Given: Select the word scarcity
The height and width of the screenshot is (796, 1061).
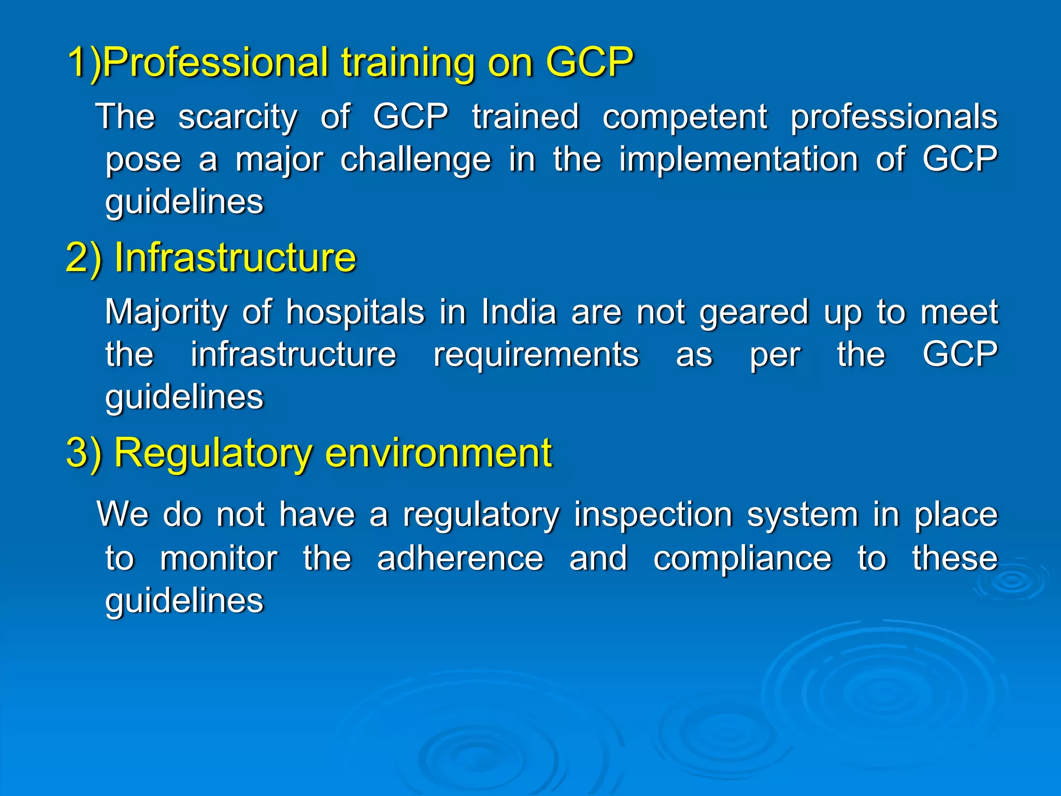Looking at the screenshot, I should point(238,117).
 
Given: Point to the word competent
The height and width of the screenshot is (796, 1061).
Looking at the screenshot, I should point(684,117).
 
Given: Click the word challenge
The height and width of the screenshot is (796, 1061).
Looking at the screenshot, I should point(415,160).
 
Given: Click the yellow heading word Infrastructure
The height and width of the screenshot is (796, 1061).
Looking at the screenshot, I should point(235,258).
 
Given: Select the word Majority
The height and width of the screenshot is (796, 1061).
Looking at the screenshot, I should point(166,313).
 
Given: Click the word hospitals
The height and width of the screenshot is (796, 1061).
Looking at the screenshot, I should point(355,313).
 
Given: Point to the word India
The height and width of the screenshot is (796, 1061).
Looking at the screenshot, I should point(519,312).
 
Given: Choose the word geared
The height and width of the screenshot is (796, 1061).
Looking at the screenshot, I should point(754,313).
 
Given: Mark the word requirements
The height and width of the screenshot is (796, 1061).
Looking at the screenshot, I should point(536,356).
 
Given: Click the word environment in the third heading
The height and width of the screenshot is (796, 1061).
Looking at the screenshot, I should point(438,453).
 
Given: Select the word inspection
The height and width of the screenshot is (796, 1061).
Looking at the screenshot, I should point(653,516).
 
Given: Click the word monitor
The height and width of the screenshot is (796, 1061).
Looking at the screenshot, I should point(219,559).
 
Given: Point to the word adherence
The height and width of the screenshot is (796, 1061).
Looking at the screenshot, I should point(460,559).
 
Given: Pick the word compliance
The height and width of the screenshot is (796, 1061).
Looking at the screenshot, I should point(742,559).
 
